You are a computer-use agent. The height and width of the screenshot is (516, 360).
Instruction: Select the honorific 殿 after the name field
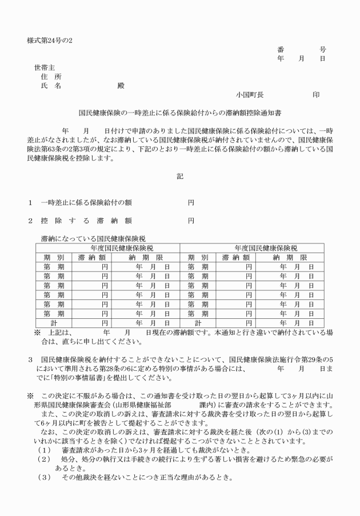[x=121, y=86]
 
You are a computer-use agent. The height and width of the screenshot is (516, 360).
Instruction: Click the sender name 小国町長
[x=250, y=94]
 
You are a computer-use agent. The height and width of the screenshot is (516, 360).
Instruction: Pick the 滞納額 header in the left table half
[x=91, y=257]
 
